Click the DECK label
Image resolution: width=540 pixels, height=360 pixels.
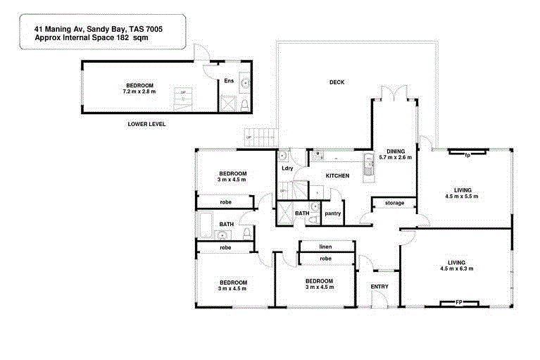pyautogui.click(x=337, y=82)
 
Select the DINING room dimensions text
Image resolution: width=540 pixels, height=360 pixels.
pyautogui.click(x=395, y=157)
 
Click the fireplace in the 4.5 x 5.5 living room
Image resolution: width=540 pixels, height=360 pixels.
pyautogui.click(x=466, y=153)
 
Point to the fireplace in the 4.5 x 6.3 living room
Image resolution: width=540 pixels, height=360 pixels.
pyautogui.click(x=458, y=304)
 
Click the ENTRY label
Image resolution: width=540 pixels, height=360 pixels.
pyautogui.click(x=379, y=286)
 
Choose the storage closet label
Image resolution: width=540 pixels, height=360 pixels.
pyautogui.click(x=394, y=204)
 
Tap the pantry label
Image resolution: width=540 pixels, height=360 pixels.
pyautogui.click(x=332, y=213)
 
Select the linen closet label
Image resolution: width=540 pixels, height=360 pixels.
pyautogui.click(x=325, y=247)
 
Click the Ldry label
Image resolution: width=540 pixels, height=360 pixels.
pyautogui.click(x=287, y=168)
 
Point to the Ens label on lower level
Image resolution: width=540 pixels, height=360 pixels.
pyautogui.click(x=229, y=81)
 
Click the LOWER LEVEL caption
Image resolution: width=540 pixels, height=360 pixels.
pyautogui.click(x=146, y=124)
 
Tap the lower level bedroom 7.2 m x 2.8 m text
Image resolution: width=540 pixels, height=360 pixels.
pyautogui.click(x=139, y=92)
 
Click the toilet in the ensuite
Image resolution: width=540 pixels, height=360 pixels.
pyautogui.click(x=244, y=106)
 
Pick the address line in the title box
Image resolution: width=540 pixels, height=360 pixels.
pyautogui.click(x=100, y=29)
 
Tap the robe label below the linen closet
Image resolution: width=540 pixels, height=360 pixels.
pyautogui.click(x=325, y=259)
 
